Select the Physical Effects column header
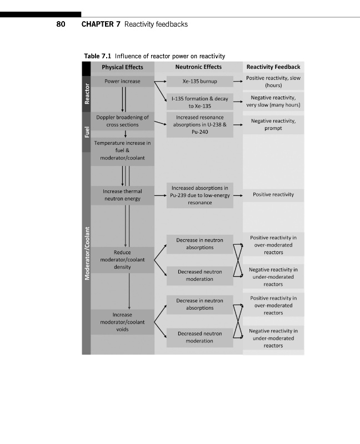click(x=122, y=67)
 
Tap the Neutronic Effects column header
click(x=198, y=67)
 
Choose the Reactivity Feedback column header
click(x=273, y=67)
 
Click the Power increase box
click(x=122, y=81)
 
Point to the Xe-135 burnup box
click(x=199, y=81)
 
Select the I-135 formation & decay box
click(x=199, y=102)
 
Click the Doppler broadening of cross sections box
click(x=122, y=121)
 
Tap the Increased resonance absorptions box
click(x=199, y=125)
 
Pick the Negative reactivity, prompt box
click(x=273, y=124)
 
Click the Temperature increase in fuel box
click(x=122, y=150)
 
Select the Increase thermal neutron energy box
click(x=122, y=195)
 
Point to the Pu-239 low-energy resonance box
click(x=199, y=195)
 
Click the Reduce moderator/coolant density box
click(x=122, y=260)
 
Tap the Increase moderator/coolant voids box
click(x=122, y=322)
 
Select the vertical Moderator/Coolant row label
click(x=86, y=254)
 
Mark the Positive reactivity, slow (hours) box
click(x=273, y=82)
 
